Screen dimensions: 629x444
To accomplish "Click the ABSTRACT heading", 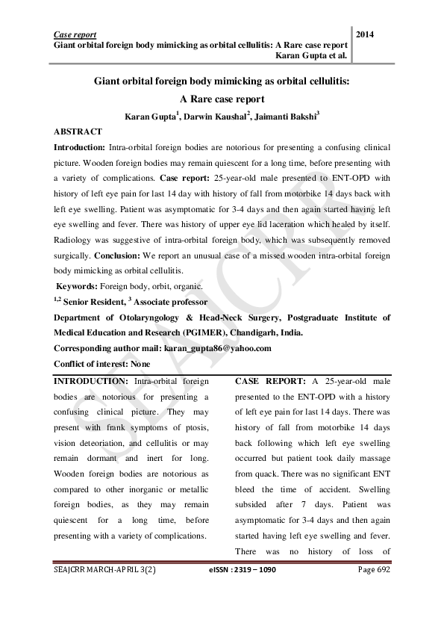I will pos(78,131).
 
